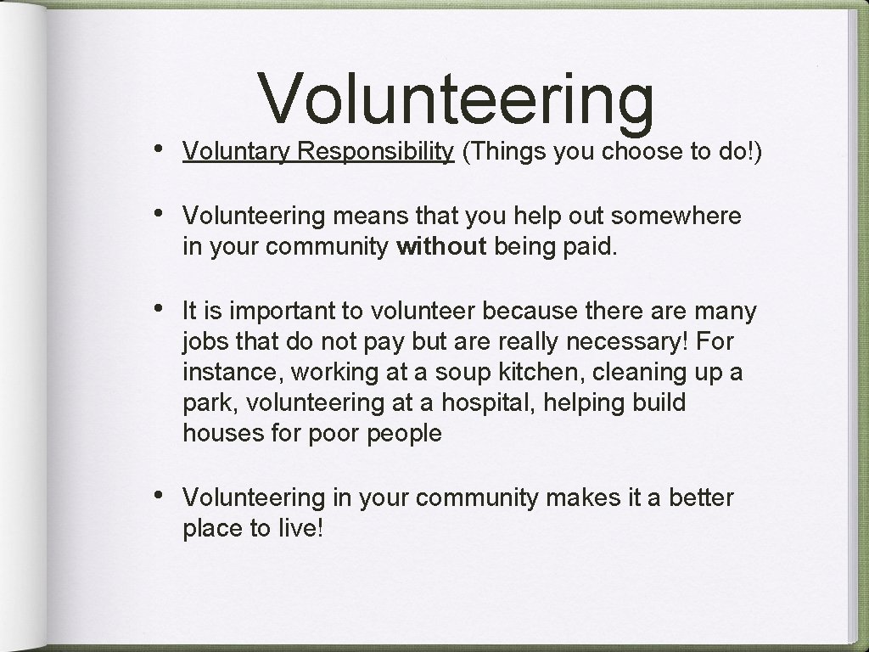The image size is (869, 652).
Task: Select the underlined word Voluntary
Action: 228,151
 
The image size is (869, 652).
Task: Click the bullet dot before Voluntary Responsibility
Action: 162,150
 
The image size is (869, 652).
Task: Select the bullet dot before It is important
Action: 162,312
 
